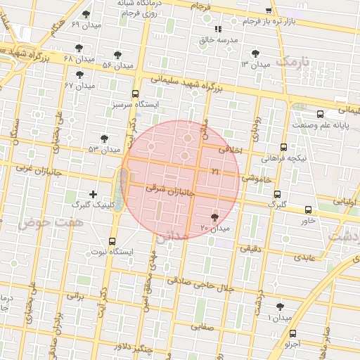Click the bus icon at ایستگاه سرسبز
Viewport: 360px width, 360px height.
[135, 93]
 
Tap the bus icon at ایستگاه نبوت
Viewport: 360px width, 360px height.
[112, 240]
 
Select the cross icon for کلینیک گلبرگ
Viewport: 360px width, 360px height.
[93, 193]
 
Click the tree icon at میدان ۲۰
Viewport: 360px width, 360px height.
[214, 217]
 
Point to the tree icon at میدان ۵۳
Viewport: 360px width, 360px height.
[105, 139]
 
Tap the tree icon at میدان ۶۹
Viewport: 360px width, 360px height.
[86, 13]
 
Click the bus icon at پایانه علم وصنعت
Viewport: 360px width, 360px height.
[321, 113]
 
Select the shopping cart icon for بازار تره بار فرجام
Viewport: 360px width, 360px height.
[269, 11]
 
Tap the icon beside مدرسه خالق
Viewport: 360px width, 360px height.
[217, 29]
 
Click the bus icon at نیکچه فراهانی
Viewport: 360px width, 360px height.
[283, 147]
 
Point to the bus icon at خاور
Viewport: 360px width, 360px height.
[308, 209]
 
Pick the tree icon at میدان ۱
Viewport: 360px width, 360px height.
[281, 307]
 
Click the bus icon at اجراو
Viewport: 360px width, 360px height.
[293, 333]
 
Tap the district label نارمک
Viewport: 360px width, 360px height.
[292, 63]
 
